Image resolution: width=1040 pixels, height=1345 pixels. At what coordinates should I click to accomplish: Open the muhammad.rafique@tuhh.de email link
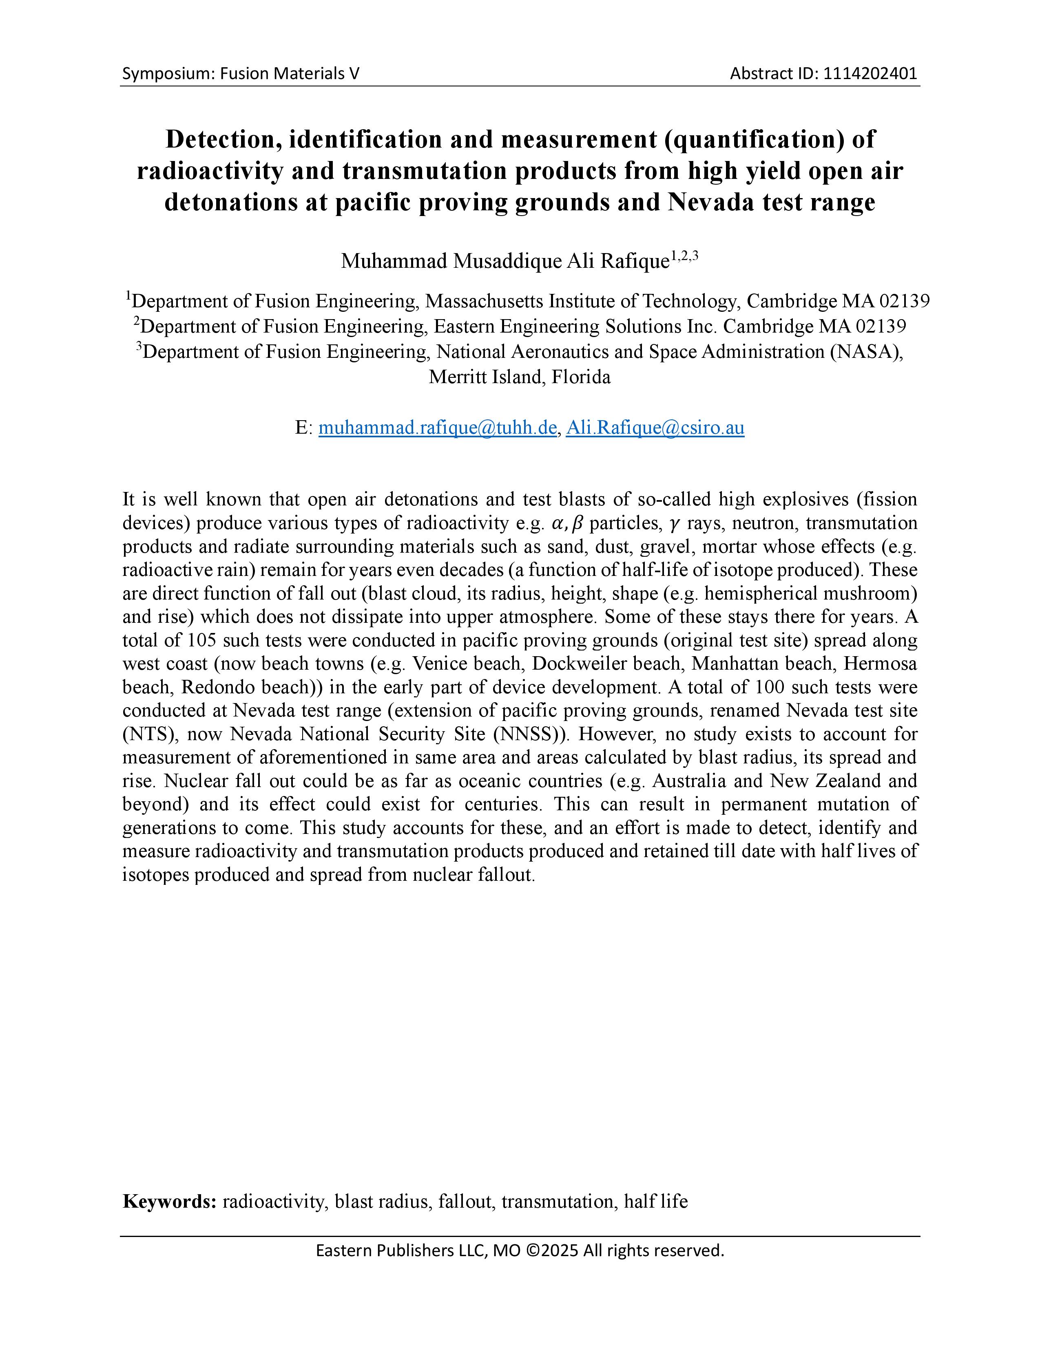pyautogui.click(x=438, y=428)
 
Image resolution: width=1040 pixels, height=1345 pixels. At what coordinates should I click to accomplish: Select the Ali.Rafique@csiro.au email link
pyautogui.click(x=655, y=428)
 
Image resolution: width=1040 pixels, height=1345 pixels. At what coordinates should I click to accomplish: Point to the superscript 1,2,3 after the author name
pyautogui.click(x=684, y=256)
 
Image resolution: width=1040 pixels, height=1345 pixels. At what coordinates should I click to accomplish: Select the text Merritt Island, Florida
pyautogui.click(x=519, y=377)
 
